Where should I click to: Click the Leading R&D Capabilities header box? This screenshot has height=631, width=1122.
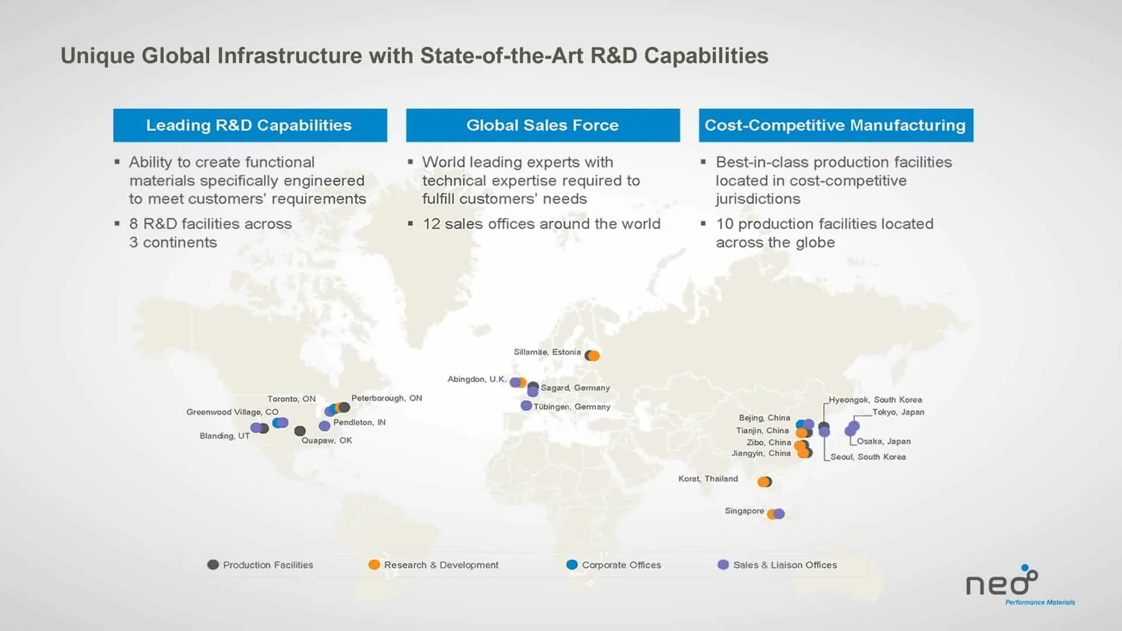[x=250, y=125]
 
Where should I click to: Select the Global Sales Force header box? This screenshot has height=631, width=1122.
[x=543, y=125]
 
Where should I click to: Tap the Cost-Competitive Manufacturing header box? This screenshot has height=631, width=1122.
[x=836, y=125]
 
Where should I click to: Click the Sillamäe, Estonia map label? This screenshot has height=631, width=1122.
[x=547, y=352]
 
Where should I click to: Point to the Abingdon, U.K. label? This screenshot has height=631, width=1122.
[x=477, y=379]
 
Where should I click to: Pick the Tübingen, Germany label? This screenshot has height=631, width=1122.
[x=572, y=407]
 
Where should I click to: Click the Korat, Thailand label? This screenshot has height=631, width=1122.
[x=708, y=479]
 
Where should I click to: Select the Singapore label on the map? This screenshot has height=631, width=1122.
[x=744, y=511]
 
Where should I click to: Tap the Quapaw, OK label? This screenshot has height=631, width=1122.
[x=327, y=441]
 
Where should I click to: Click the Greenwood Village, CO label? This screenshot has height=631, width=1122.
[x=233, y=412]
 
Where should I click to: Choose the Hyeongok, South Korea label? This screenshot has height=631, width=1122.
[x=875, y=400]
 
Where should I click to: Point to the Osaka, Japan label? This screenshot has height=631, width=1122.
[x=884, y=441]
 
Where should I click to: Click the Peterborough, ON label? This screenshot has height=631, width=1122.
[x=387, y=398]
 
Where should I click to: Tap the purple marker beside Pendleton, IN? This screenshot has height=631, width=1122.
[x=324, y=426]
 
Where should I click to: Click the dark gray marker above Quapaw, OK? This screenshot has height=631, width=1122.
[x=300, y=431]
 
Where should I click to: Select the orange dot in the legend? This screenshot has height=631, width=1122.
[x=374, y=564]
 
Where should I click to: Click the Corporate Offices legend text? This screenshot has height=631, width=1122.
[x=621, y=565]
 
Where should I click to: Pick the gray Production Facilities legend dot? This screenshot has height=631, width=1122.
[x=213, y=564]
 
